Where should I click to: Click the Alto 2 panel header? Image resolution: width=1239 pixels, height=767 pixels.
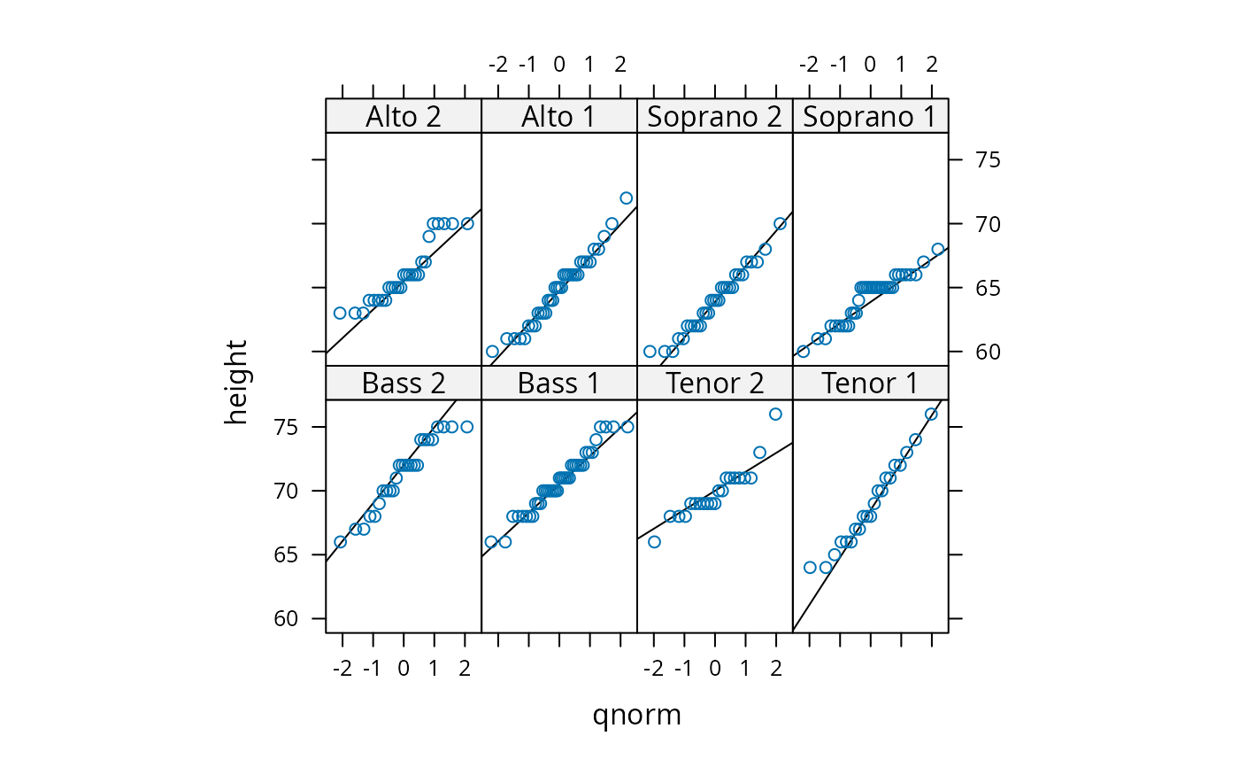pyautogui.click(x=404, y=116)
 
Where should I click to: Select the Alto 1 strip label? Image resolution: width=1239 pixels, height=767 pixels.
pyautogui.click(x=559, y=116)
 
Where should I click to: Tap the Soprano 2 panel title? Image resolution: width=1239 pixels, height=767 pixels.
pyautogui.click(x=714, y=116)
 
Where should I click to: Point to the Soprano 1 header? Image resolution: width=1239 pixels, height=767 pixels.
pyautogui.click(x=870, y=116)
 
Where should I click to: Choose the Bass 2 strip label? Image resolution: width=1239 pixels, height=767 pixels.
pyautogui.click(x=404, y=383)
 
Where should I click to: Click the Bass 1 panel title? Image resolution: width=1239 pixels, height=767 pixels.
pyautogui.click(x=559, y=383)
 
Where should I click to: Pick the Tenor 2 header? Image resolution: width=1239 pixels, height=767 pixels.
pyautogui.click(x=714, y=383)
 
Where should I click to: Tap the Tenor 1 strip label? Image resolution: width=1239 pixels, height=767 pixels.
pyautogui.click(x=870, y=383)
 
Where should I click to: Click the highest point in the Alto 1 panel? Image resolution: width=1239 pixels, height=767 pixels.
pyautogui.click(x=626, y=198)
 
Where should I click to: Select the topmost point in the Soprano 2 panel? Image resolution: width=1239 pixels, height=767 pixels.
pyautogui.click(x=780, y=223)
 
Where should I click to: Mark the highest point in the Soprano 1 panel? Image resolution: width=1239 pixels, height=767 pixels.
pyautogui.click(x=937, y=249)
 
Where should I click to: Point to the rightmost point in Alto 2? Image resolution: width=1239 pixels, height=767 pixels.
pyautogui.click(x=467, y=223)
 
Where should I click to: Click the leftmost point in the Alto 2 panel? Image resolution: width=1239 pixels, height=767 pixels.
pyautogui.click(x=339, y=313)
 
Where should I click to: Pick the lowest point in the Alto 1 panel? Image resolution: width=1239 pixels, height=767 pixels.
pyautogui.click(x=492, y=352)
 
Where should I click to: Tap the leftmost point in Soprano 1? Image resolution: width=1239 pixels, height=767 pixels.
pyautogui.click(x=803, y=352)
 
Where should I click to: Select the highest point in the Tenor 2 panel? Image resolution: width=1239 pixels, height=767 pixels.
pyautogui.click(x=775, y=414)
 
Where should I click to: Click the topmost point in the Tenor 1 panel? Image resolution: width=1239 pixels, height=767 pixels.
pyautogui.click(x=930, y=414)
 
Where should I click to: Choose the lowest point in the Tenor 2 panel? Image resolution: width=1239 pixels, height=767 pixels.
pyautogui.click(x=654, y=542)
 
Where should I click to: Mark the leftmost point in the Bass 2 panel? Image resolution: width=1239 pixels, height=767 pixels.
pyautogui.click(x=340, y=542)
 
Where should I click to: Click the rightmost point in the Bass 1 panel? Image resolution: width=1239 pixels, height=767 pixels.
pyautogui.click(x=627, y=427)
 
